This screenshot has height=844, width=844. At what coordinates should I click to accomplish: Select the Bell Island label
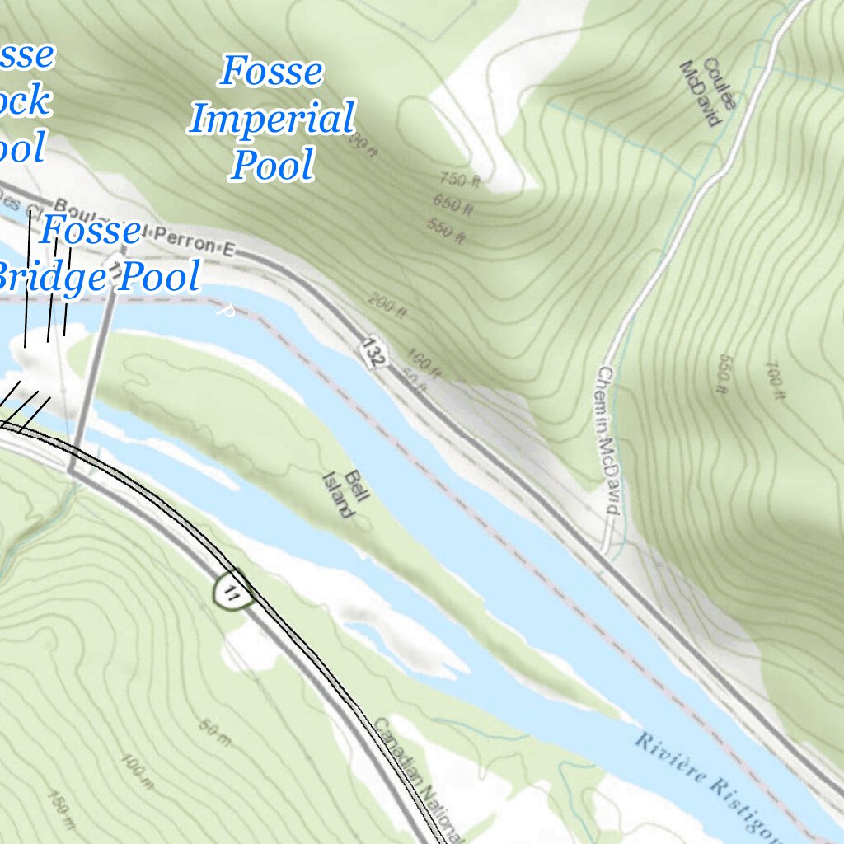[x=345, y=494]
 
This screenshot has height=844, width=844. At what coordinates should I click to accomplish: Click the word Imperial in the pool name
[x=271, y=120]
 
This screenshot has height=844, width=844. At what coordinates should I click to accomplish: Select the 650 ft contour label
[x=452, y=204]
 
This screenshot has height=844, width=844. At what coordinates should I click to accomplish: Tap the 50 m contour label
[x=214, y=732]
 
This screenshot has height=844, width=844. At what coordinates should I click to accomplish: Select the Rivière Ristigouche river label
[x=709, y=783]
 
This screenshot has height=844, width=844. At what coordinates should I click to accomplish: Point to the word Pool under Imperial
[x=273, y=166]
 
